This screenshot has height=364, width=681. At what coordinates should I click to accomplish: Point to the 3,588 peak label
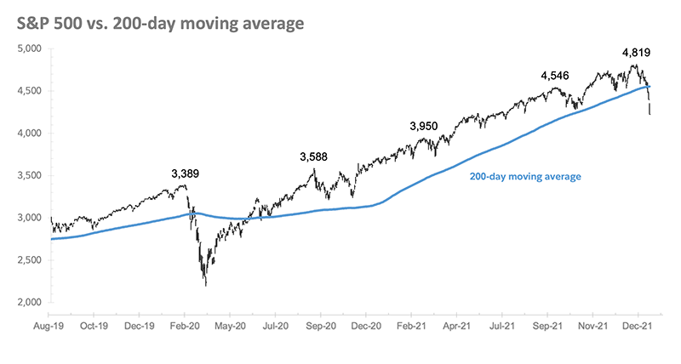point(314,156)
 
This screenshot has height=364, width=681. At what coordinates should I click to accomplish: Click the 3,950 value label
point(423,126)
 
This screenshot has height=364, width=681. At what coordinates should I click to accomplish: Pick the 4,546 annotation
point(554,76)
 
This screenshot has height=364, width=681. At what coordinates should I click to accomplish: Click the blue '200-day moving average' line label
point(524,177)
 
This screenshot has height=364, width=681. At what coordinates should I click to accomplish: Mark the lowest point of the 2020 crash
point(205,285)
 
